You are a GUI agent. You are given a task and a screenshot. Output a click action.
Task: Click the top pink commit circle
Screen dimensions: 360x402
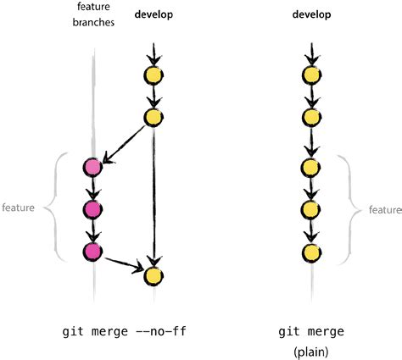click(x=93, y=167)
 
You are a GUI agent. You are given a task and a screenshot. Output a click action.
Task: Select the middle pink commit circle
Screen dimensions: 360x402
click(x=93, y=208)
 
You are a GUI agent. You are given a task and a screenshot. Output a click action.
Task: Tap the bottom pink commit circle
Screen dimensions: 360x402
click(x=93, y=251)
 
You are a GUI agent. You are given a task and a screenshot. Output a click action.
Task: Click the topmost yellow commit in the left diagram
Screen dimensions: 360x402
click(x=153, y=75)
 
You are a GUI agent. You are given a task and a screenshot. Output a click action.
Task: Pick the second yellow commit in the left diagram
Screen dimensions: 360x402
click(x=153, y=116)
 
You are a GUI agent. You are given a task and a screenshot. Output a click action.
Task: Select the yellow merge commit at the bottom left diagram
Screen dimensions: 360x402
click(x=153, y=275)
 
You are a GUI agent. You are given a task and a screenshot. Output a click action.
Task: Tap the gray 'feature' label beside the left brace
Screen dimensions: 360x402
click(x=18, y=208)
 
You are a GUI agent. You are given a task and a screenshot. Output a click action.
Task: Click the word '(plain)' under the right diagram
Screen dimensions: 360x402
click(x=313, y=349)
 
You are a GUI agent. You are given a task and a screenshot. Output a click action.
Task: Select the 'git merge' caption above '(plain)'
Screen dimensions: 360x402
click(x=313, y=330)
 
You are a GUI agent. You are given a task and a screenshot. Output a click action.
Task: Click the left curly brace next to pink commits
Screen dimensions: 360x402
click(x=47, y=208)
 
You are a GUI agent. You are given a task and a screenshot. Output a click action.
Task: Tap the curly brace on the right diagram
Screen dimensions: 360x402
click(x=349, y=208)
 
